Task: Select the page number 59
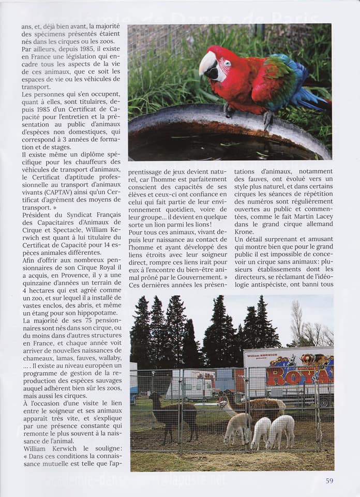pyautogui.click(x=329, y=480)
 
